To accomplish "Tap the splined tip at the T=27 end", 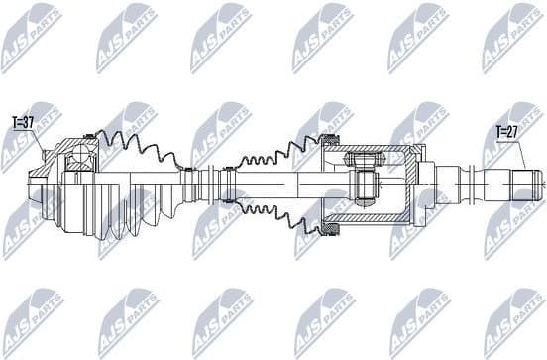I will coord(525,182).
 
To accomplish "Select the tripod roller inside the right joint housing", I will coord(364,182).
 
